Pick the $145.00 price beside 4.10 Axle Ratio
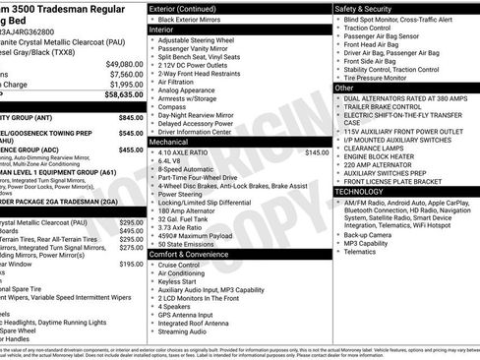pyautogui.click(x=317, y=152)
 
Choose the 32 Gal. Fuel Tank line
pyautogui.click(x=187, y=216)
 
